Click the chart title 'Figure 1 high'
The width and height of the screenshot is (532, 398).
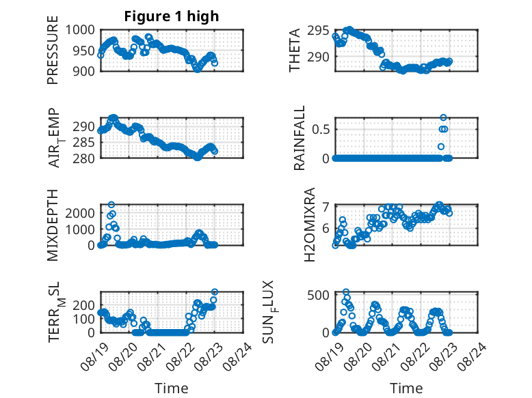click(172, 16)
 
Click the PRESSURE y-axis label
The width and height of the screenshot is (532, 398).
click(53, 50)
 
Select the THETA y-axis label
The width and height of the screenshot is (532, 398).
click(295, 50)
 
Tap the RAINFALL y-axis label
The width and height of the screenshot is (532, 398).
click(300, 138)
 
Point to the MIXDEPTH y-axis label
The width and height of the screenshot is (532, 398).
click(53, 225)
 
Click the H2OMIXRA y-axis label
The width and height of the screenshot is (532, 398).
click(310, 225)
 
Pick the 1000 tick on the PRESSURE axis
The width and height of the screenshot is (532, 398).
click(80, 30)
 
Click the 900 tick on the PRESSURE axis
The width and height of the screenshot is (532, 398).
click(84, 71)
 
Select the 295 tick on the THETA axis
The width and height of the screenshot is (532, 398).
click(318, 31)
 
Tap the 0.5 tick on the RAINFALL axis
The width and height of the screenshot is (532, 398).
click(321, 130)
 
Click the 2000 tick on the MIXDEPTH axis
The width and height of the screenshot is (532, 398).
click(80, 214)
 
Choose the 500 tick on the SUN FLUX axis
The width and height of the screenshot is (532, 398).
click(318, 295)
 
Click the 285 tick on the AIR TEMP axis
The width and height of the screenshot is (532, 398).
click(84, 143)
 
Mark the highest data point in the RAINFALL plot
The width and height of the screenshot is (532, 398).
click(443, 117)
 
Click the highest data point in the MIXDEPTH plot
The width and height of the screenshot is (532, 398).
click(111, 205)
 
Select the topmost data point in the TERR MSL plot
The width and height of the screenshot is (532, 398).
click(215, 292)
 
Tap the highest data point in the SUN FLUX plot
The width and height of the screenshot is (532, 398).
click(346, 292)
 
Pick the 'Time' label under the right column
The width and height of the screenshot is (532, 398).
click(406, 388)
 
